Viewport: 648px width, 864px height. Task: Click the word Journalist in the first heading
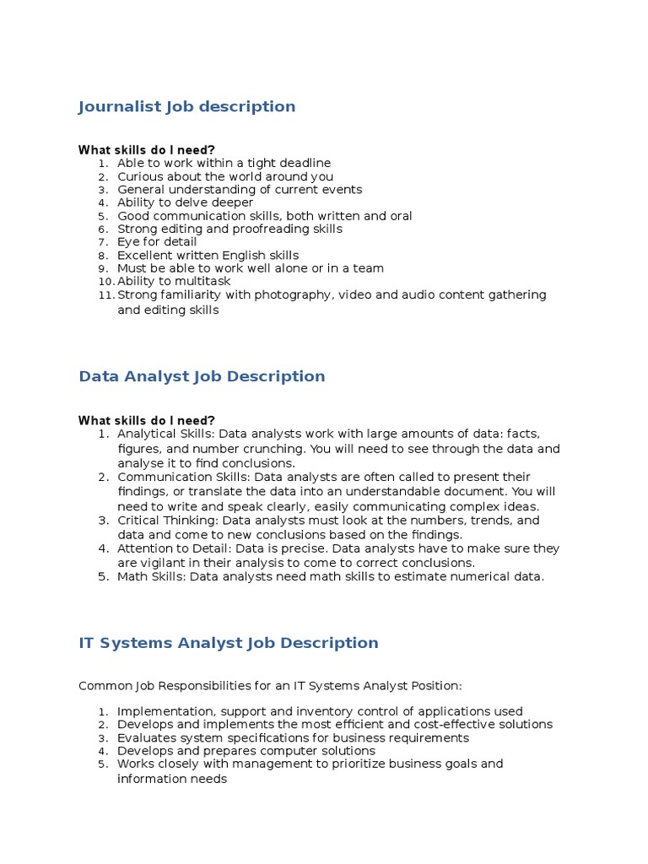118,107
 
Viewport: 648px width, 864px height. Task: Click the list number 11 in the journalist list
105,294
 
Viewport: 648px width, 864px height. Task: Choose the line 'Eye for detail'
157,242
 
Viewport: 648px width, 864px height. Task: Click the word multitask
203,281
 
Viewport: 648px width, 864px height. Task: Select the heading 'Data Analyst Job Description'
202,376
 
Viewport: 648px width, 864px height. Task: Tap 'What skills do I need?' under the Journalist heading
147,150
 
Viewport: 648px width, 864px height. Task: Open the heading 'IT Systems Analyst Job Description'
229,643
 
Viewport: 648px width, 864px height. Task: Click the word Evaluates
146,738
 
